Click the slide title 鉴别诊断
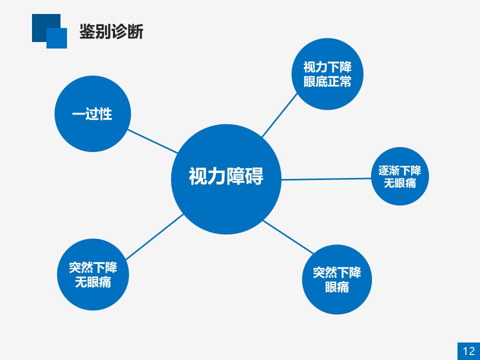(111, 31)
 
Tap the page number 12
(468, 351)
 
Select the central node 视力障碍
(226, 179)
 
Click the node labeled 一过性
(93, 113)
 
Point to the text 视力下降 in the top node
(327, 67)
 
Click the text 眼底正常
(327, 81)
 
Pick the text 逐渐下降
(399, 170)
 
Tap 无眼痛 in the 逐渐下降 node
(400, 183)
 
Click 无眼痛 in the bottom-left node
(93, 281)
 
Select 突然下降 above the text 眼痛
(336, 272)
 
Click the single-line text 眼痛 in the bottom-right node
(336, 287)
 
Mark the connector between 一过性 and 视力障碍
(152, 141)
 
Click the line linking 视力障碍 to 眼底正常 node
(279, 115)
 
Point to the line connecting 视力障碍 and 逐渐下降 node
(326, 179)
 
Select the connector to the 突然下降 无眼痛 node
(154, 236)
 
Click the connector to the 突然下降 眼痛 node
(288, 237)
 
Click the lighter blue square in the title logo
(56, 38)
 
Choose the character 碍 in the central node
(254, 176)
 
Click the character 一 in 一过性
(78, 114)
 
